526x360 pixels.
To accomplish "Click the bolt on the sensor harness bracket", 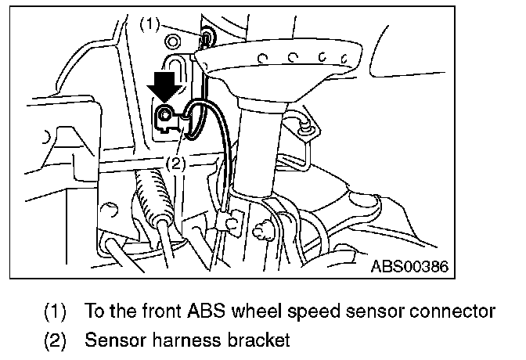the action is tap(165, 118).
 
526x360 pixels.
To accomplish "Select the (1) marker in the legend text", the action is tap(54, 311).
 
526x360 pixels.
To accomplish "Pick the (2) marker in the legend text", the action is tap(54, 340).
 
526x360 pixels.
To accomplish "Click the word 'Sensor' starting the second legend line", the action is tap(110, 340).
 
